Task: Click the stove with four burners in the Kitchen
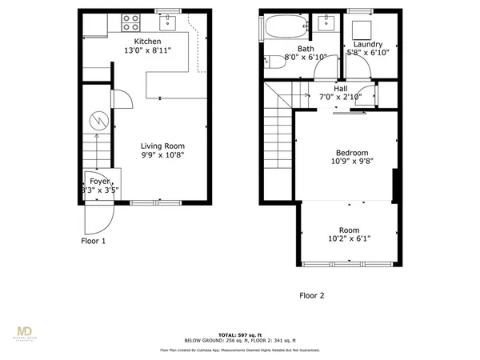coord(131,22)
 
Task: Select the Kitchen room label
coord(147,42)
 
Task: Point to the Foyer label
coord(99,181)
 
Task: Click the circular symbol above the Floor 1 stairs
coord(97,121)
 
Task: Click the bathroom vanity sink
coord(326,22)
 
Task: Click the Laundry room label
coord(367,45)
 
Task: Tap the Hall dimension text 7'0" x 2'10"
coord(341,97)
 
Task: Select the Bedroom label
coord(351,152)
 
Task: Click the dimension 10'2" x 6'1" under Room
coord(349,238)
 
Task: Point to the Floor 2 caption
coord(312,294)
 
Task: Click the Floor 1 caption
coord(93,241)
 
